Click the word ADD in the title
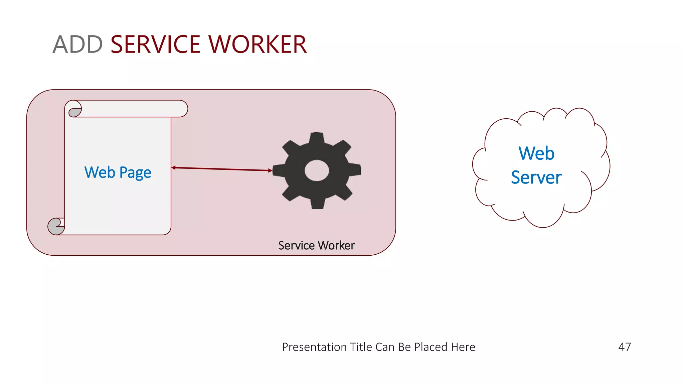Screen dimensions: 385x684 tap(77, 44)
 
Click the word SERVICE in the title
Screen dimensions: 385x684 tap(155, 44)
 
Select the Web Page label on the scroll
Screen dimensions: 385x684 tap(118, 172)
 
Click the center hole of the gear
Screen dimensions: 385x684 tap(317, 170)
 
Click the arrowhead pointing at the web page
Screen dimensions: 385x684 tap(174, 167)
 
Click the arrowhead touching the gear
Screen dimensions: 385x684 tap(270, 170)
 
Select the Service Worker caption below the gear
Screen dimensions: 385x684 tap(316, 246)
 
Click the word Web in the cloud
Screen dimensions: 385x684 tap(536, 153)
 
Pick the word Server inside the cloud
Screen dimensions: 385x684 tap(536, 177)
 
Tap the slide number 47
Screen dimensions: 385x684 tap(625, 347)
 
